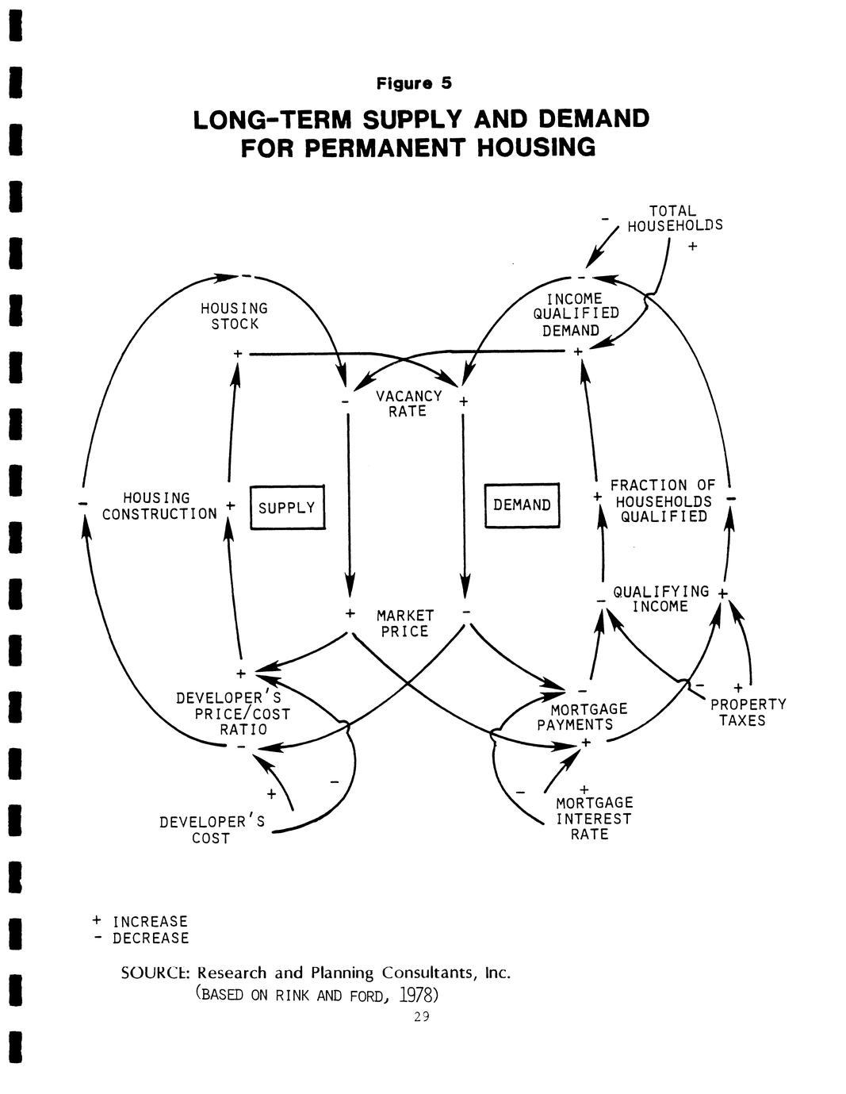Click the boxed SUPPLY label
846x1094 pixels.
(286, 508)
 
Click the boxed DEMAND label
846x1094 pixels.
(522, 505)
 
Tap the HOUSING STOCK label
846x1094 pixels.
(234, 316)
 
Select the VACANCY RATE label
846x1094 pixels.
(408, 403)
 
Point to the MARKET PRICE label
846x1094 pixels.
(405, 624)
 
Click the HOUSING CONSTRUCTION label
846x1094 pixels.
(159, 506)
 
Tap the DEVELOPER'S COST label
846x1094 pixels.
(212, 830)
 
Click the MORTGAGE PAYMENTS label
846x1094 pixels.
(582, 716)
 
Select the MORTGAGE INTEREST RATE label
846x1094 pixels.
(593, 819)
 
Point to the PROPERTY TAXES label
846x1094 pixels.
(748, 712)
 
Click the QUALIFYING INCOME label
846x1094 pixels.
(660, 599)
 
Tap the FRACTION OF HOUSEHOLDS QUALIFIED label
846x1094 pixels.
(663, 501)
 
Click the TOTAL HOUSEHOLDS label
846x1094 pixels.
(675, 218)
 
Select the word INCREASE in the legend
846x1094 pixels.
(150, 922)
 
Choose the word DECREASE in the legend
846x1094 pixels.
(151, 939)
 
